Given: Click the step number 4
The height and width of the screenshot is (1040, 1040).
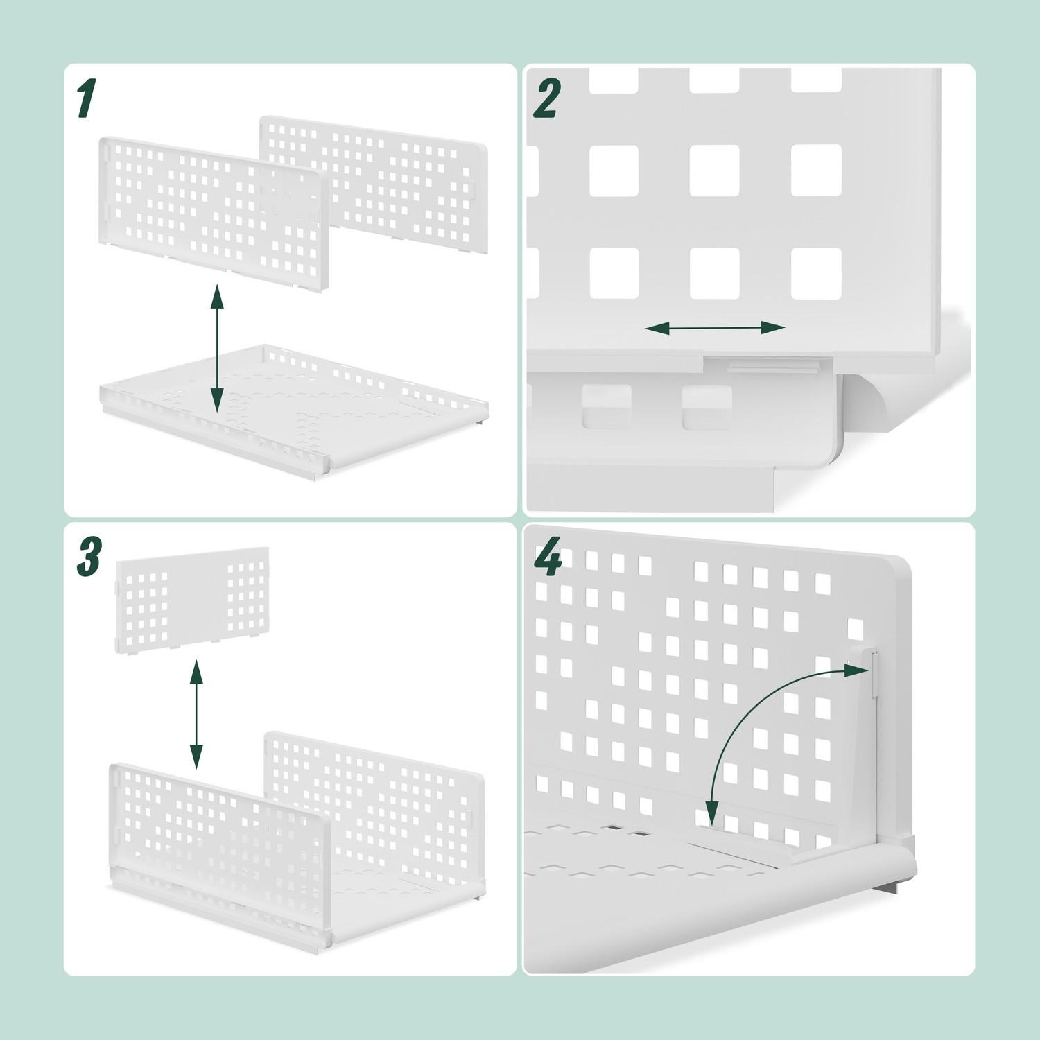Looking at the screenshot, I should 548,559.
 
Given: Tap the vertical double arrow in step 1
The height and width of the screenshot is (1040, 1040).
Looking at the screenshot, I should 217,347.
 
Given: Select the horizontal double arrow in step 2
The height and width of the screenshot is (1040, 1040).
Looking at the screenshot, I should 714,328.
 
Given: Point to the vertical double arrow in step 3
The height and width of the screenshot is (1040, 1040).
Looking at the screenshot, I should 196,715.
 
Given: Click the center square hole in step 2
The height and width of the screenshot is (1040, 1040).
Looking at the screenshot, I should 714,171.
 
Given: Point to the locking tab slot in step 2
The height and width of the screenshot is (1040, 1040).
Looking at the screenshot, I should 763,363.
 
